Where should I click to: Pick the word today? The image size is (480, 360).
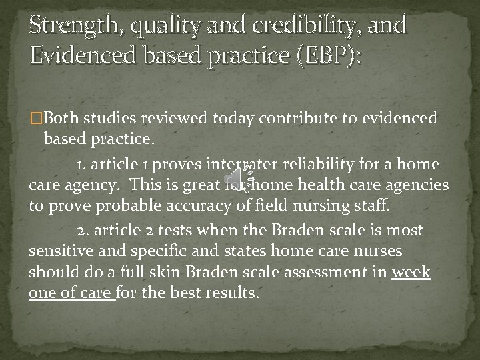(x=233, y=119)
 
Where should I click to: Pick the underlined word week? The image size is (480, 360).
(x=411, y=273)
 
